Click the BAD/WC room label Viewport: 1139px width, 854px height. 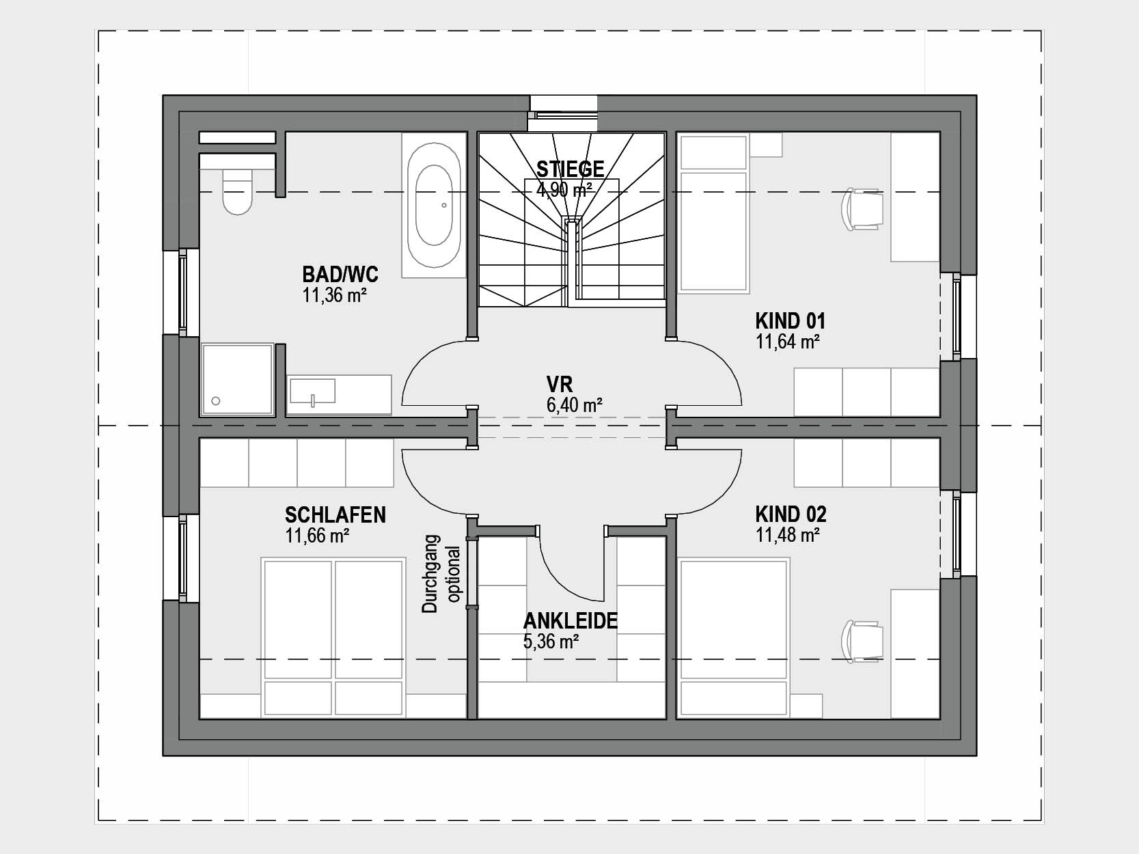(340, 273)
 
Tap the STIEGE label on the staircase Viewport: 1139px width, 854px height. (571, 169)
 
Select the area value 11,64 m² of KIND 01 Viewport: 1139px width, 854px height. (788, 342)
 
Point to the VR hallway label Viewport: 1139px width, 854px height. (560, 385)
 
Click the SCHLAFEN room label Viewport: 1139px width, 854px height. (335, 514)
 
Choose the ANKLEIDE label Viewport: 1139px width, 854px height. (571, 621)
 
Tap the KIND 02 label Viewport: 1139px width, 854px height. (791, 514)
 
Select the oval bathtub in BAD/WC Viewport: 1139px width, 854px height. (433, 205)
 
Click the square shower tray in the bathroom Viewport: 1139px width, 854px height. (238, 378)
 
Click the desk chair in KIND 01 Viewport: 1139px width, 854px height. (862, 208)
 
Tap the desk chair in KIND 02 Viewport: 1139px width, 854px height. (862, 642)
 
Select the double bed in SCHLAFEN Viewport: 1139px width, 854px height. (333, 637)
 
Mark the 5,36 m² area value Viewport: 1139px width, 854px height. (551, 642)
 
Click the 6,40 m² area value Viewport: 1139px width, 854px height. (575, 404)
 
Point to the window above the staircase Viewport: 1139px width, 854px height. (564, 114)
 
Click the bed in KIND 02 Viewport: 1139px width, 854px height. (734, 637)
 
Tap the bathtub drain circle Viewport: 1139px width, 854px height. (444, 206)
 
